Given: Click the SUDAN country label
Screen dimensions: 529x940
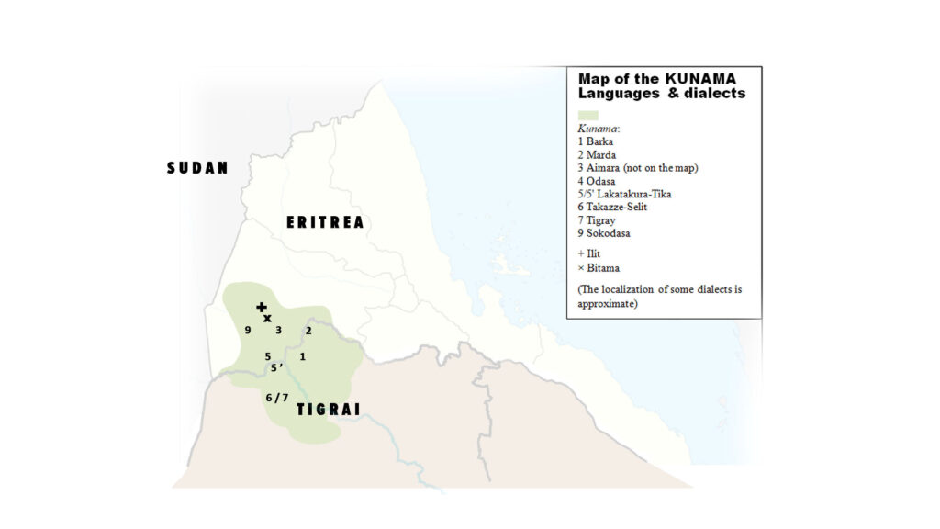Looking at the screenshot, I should [196, 168].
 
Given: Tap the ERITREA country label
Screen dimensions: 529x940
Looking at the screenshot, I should [325, 222].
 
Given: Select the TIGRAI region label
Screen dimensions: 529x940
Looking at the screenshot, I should [328, 410].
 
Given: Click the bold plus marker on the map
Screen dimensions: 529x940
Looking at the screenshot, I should [262, 307].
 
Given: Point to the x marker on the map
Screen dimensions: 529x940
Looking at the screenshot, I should [267, 319].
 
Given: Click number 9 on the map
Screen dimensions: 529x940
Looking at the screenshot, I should [248, 330].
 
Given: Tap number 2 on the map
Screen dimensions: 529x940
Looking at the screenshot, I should [308, 330].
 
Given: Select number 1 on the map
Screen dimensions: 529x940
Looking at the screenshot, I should [302, 355].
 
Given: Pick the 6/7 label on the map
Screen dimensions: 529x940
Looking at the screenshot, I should [277, 398].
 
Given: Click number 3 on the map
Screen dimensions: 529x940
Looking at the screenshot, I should [278, 330].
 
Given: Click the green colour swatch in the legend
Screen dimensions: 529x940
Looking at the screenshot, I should [587, 116].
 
